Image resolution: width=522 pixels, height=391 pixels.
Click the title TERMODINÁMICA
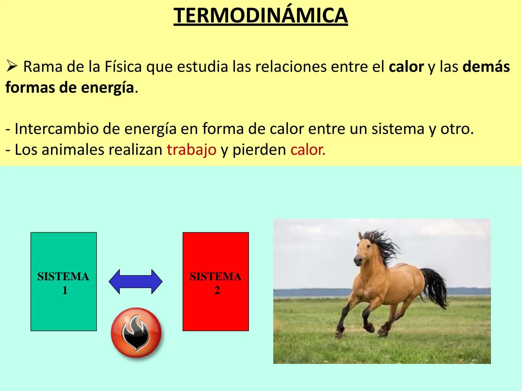click(x=260, y=16)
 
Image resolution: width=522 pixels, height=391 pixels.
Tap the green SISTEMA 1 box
click(x=63, y=282)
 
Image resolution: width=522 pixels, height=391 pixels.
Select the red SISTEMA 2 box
click(x=215, y=282)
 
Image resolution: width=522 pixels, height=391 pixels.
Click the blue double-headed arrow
click(x=136, y=282)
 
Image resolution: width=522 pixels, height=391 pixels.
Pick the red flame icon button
click(x=136, y=333)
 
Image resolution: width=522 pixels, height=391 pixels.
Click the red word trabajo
click(x=191, y=150)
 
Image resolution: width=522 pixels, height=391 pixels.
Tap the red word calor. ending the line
click(x=308, y=150)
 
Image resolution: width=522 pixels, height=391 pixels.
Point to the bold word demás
click(x=486, y=67)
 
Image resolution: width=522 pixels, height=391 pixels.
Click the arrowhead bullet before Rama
click(x=12, y=67)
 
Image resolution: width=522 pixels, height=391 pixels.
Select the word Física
click(x=123, y=67)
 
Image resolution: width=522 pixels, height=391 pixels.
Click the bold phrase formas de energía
click(x=70, y=88)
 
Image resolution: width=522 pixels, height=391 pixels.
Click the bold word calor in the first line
click(x=406, y=67)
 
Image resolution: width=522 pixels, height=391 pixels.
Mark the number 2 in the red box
click(x=217, y=290)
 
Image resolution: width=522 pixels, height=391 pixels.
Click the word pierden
click(x=259, y=150)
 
